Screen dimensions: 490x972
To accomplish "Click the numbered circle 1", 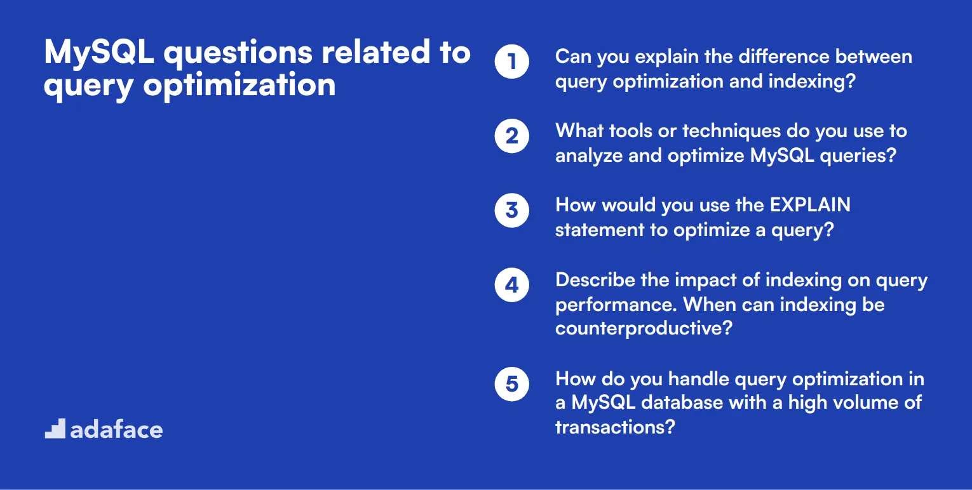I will (512, 62).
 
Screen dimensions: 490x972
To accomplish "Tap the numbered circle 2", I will (512, 136).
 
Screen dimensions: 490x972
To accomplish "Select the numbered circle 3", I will (512, 210).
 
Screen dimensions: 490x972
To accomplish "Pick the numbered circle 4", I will (512, 285).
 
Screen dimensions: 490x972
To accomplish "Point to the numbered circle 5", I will (512, 384).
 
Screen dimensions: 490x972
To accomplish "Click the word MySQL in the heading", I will (99, 53).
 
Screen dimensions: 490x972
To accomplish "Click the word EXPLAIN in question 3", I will (810, 206).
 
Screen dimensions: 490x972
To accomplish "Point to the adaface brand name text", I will (116, 430).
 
